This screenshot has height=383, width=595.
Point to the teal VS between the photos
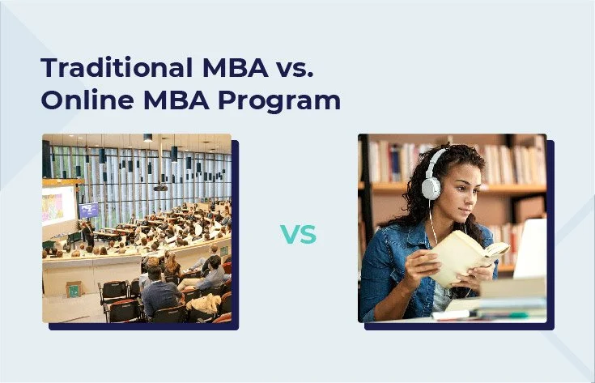coord(298,236)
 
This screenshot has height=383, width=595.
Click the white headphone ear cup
coord(431,186)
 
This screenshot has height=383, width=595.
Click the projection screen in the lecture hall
coord(57,207)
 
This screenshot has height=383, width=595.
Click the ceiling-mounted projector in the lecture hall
coord(160,187)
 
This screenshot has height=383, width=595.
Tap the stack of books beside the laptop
coord(510,295)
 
